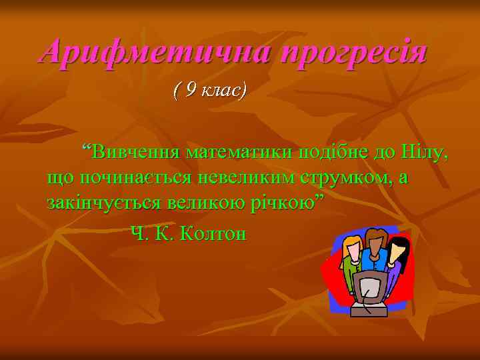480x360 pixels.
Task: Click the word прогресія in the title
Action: click(354, 53)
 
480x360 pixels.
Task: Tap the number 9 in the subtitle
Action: click(191, 89)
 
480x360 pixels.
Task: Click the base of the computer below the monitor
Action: click(369, 311)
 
